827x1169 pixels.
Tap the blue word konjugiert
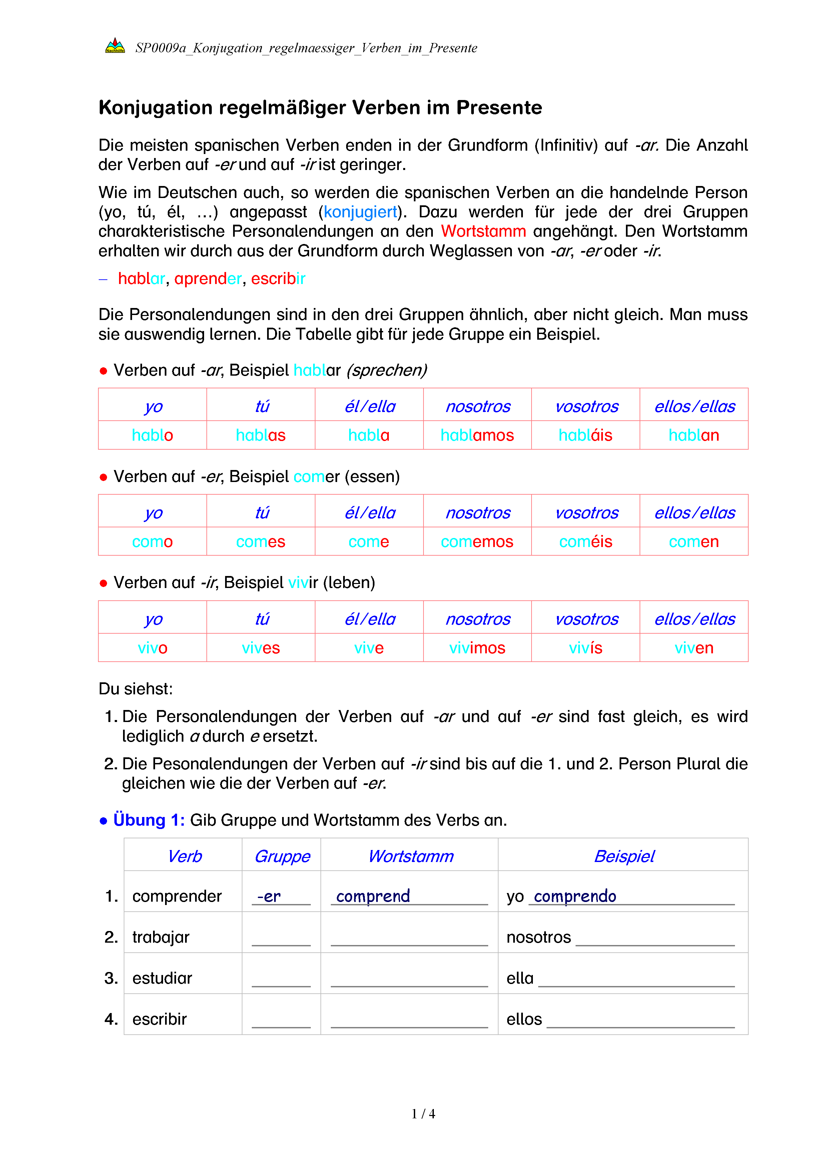(360, 212)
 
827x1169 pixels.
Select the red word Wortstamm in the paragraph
(483, 231)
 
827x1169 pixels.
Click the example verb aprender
(208, 279)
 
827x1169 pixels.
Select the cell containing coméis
(585, 541)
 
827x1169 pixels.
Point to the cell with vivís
(585, 648)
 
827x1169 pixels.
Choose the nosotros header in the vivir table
(478, 619)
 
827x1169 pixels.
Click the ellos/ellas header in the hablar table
(694, 406)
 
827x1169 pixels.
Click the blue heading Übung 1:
(149, 820)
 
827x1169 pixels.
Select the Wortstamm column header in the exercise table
(410, 856)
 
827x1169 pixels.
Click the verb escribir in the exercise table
(159, 1019)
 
